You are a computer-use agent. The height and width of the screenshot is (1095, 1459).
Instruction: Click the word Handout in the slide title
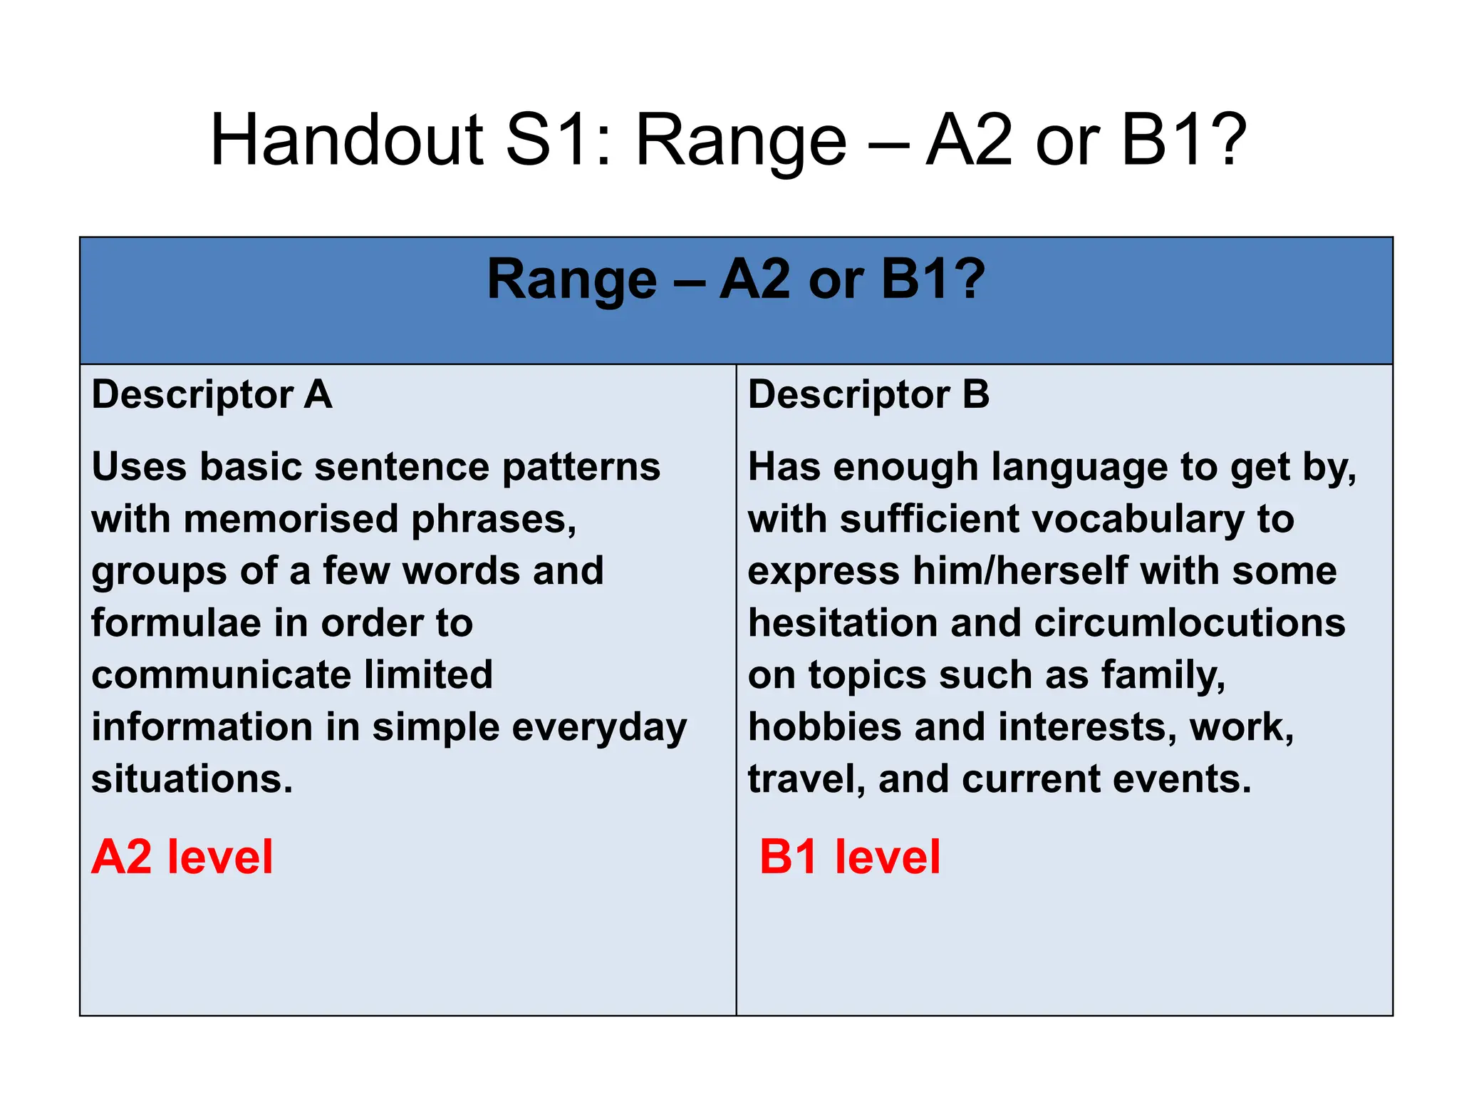347,140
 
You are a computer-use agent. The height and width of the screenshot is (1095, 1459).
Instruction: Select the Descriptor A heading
212,394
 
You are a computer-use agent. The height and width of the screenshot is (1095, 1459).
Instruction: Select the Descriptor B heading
868,394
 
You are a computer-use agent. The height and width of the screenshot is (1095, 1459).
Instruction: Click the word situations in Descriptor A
192,778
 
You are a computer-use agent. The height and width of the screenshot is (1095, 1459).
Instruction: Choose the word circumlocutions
1190,623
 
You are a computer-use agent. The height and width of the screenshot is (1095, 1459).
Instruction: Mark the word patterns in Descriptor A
581,468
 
